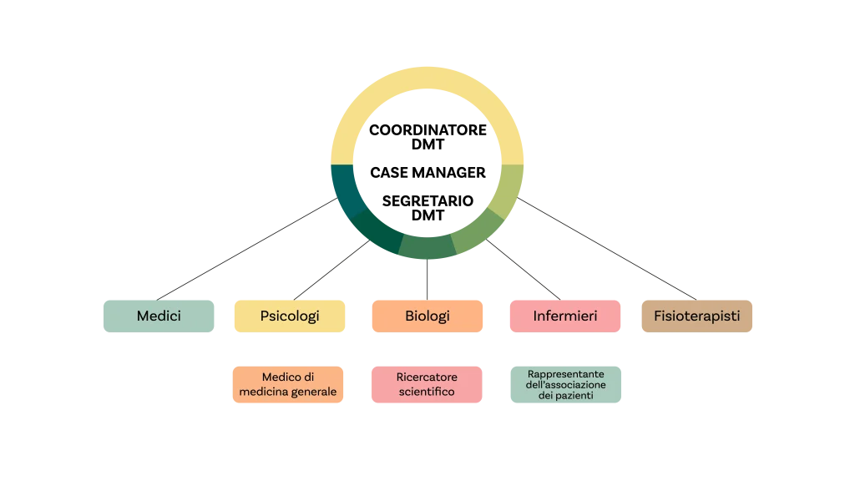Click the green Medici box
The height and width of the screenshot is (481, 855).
[159, 316]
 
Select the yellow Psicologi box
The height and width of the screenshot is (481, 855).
[290, 316]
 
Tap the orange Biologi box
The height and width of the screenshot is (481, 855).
[427, 316]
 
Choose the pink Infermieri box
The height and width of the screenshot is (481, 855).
[564, 316]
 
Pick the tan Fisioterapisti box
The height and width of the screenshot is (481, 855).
[697, 316]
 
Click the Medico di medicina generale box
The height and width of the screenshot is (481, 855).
[288, 385]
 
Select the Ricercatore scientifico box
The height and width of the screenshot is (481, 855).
[427, 385]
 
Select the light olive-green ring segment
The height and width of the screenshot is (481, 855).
[508, 190]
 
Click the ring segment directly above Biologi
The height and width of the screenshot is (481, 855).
[427, 246]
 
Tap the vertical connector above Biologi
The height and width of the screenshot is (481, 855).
[427, 279]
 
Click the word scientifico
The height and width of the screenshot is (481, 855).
[427, 392]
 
